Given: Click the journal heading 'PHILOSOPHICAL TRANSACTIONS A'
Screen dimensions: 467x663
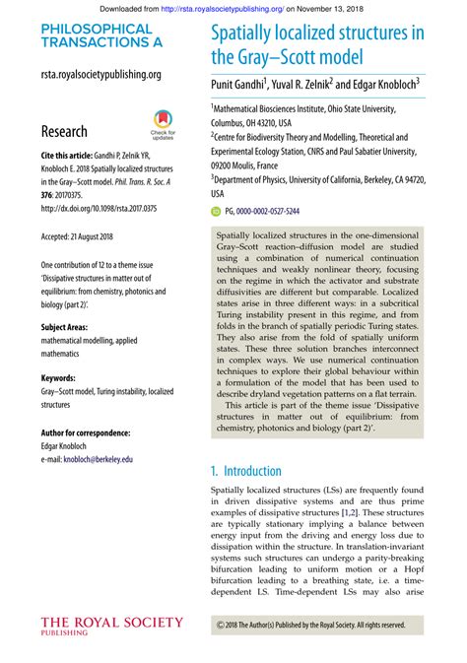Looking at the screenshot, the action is coord(97,36).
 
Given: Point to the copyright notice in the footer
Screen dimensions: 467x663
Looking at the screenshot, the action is coord(310,625).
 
